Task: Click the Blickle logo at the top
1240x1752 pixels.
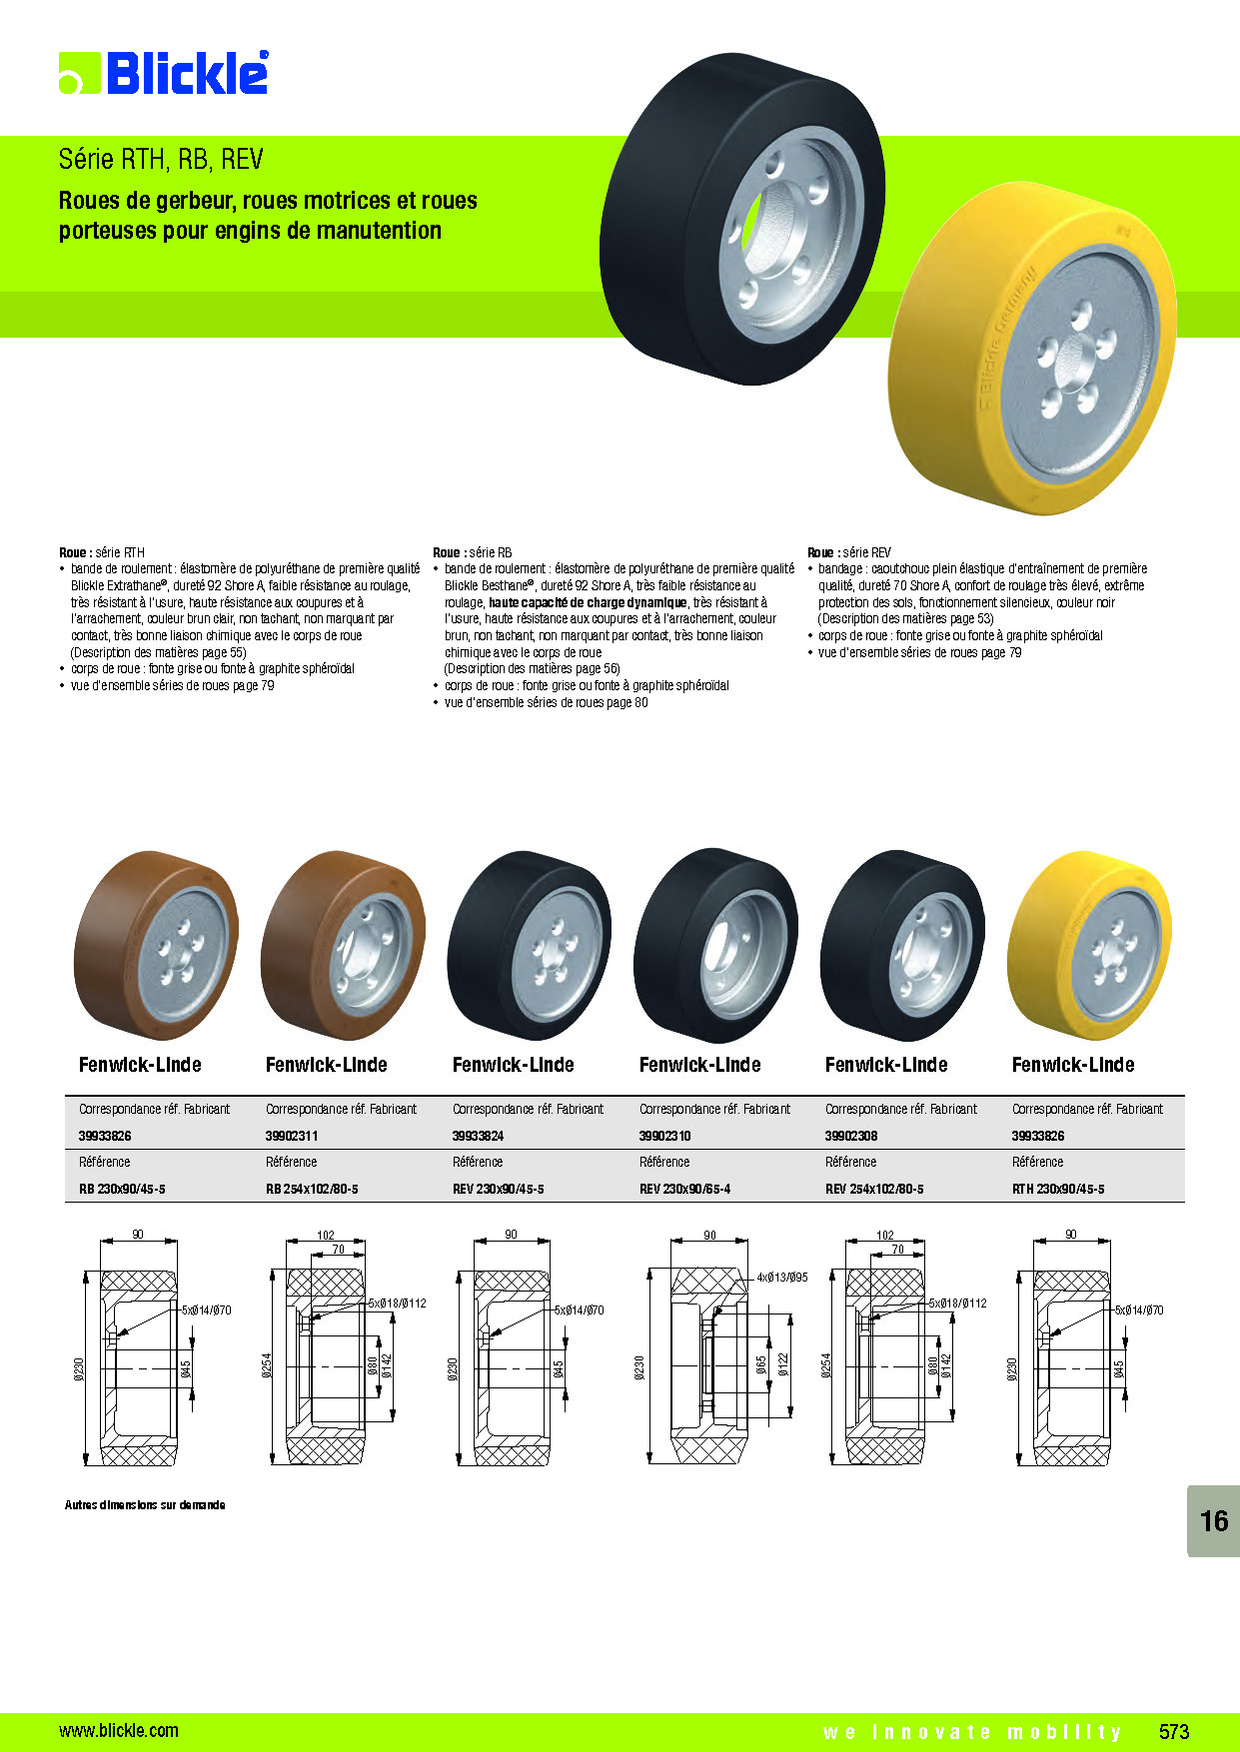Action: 164,73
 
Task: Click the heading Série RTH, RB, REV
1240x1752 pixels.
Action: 161,159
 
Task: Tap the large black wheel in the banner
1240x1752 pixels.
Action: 742,220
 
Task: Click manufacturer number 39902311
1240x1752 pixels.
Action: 292,1136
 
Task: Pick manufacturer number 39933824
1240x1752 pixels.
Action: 478,1136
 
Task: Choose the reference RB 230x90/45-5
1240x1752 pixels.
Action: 122,1189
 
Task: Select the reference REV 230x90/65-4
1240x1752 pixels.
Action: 684,1189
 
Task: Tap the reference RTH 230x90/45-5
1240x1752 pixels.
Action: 1058,1189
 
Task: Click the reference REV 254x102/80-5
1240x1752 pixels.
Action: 874,1189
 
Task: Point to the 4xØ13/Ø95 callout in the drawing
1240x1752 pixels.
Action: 782,1278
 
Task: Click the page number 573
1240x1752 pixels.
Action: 1174,1731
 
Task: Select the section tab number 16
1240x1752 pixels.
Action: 1214,1520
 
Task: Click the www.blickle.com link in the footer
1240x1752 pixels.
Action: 119,1731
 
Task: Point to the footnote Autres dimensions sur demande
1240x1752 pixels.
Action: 145,1504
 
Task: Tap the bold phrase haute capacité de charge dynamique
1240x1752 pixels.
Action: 588,602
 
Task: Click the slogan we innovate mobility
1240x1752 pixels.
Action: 973,1732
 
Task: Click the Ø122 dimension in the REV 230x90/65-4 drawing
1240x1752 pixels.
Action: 783,1364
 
